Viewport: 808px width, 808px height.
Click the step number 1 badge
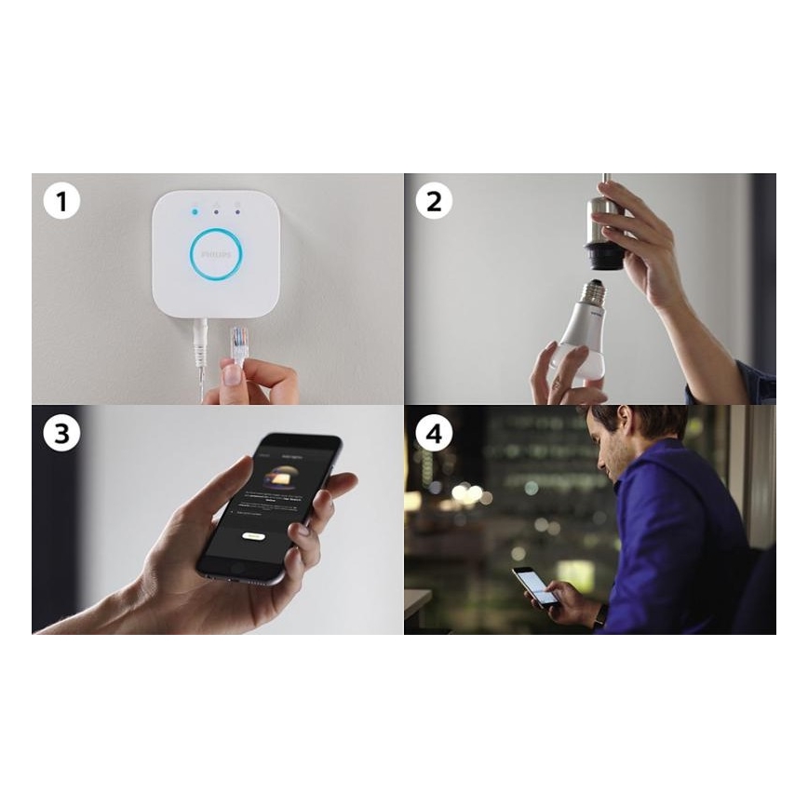[x=61, y=201]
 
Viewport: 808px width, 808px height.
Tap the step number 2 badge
[x=434, y=200]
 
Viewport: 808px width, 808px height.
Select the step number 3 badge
[x=61, y=433]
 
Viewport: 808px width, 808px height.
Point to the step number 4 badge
[x=434, y=433]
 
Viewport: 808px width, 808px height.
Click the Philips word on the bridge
[x=216, y=253]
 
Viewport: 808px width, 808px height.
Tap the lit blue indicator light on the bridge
[x=195, y=211]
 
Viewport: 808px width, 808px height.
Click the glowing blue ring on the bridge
[x=216, y=253]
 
